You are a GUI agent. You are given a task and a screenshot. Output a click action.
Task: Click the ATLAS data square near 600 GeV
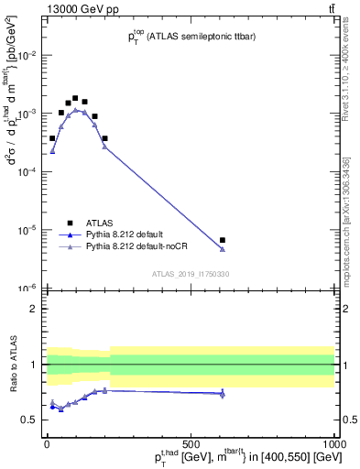click(223, 240)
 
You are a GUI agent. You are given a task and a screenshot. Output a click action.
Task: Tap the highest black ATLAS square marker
click(75, 98)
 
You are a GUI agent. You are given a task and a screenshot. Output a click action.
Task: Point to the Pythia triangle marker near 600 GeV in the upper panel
click(223, 248)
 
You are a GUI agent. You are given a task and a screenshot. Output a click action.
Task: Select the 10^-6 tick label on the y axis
click(28, 288)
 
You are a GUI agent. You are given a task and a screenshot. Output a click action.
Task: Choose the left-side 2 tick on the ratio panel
click(34, 309)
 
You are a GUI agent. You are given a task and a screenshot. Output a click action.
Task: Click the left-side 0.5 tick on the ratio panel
click(30, 420)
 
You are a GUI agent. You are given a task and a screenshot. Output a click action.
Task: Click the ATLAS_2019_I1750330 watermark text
click(191, 274)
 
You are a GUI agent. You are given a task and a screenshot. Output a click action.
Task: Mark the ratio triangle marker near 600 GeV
click(223, 394)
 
